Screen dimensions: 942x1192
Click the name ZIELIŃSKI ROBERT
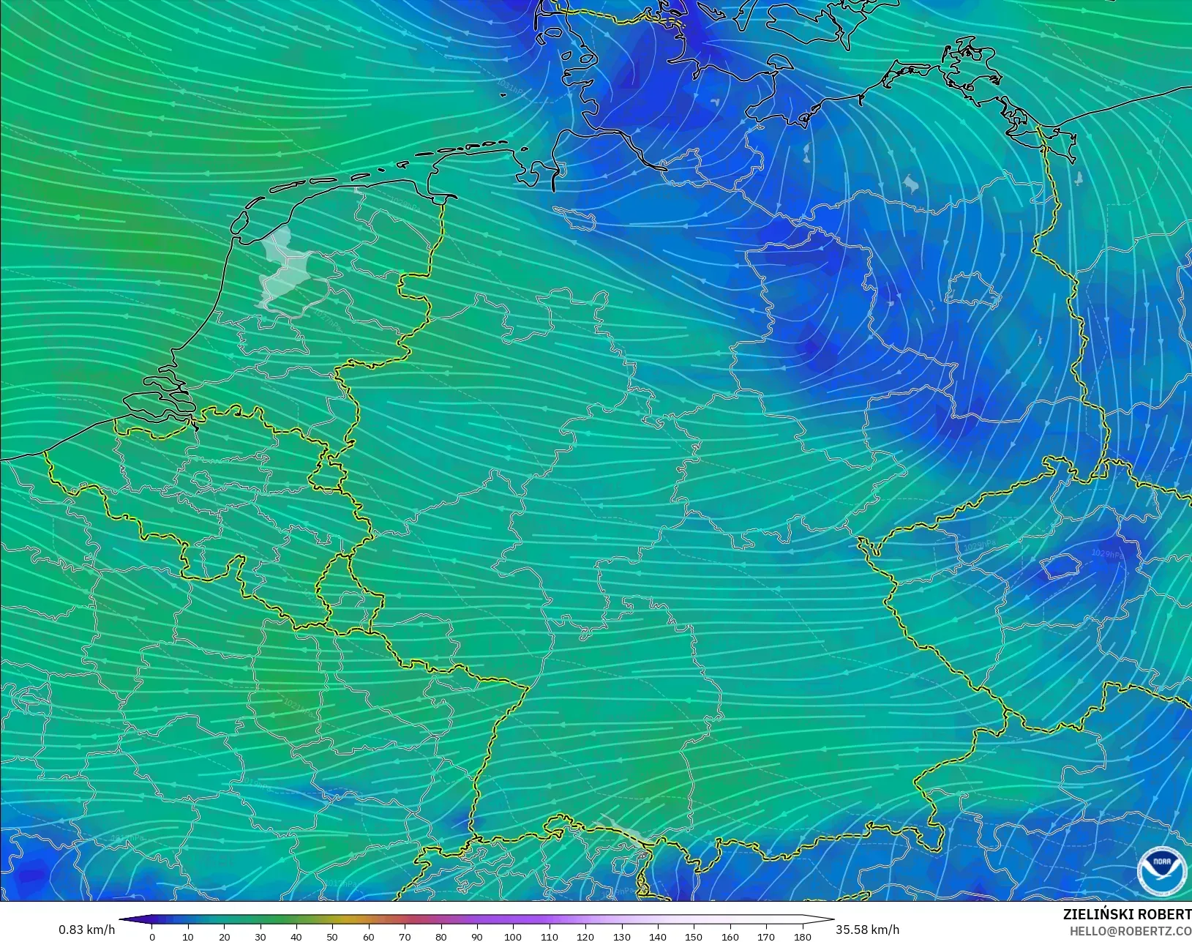1127,915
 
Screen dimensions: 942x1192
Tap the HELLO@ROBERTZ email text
1131,931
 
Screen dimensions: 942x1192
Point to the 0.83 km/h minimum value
86,930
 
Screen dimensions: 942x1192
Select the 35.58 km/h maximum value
867,930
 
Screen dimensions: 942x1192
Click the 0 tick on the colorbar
152,936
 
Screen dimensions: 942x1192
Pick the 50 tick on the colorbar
332,936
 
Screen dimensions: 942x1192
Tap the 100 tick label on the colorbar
513,936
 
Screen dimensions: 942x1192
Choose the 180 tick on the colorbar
802,936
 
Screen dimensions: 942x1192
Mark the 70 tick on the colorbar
405,936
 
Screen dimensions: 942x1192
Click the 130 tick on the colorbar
621,936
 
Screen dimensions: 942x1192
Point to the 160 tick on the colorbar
730,936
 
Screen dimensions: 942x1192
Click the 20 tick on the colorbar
224,936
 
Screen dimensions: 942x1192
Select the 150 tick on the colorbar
694,936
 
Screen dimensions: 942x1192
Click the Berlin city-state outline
972,290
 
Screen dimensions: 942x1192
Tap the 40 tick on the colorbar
296,936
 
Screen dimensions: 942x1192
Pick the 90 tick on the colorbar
477,936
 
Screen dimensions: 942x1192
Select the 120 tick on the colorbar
585,936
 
